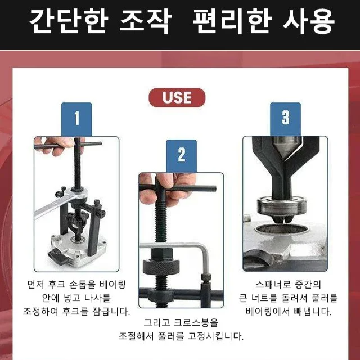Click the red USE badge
pos(177,97)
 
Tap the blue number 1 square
pos(76,119)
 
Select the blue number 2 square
pos(181,155)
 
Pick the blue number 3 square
pos(286,119)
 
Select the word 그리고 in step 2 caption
pos(156,323)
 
